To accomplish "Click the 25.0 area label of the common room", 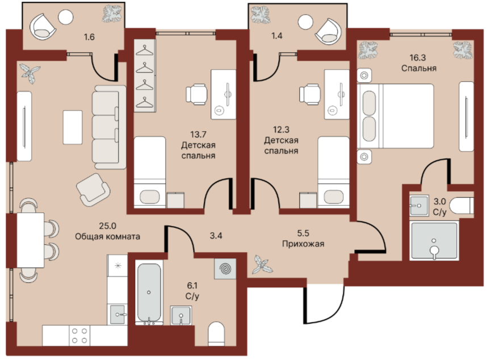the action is (107, 226).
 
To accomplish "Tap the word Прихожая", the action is (303, 244).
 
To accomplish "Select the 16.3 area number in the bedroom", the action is (417, 58).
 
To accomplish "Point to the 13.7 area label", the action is (198, 135).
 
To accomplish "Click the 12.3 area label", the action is (281, 129).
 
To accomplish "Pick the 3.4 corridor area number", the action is (216, 236).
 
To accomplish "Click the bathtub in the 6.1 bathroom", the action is (149, 293).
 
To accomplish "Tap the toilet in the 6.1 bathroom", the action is (216, 334).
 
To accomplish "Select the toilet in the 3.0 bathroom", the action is (461, 206).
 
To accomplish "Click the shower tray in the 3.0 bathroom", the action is (434, 240).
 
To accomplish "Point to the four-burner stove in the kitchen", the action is (79, 336).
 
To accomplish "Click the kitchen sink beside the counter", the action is (117, 315).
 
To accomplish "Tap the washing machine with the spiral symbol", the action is (225, 269).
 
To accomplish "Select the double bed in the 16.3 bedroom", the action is (396, 116).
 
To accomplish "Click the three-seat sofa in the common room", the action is (109, 127).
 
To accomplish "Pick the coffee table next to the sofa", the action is (73, 127).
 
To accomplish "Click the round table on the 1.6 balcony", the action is (66, 17).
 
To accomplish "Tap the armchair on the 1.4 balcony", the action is (328, 31).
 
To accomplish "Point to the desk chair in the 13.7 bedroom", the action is (196, 94).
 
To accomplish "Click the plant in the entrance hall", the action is (262, 265).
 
